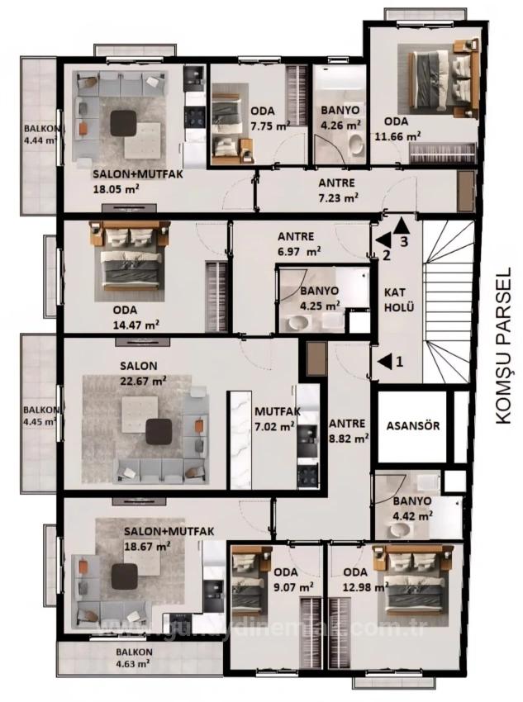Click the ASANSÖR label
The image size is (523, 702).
[412, 427]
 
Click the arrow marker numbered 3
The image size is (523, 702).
[401, 225]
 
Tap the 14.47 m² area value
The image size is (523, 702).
[138, 325]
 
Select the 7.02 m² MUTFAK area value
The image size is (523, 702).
[274, 426]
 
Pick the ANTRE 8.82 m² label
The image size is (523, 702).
[348, 432]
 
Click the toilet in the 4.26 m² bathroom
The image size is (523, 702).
[354, 145]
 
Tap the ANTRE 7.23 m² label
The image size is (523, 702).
[337, 190]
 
